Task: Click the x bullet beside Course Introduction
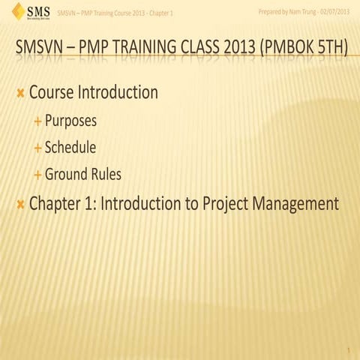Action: pos(20,94)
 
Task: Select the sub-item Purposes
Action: pos(70,121)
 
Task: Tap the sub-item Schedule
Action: pos(70,148)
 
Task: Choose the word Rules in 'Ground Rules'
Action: pos(104,175)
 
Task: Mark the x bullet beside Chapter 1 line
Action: pos(20,204)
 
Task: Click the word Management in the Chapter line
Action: pos(295,203)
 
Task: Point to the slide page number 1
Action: pos(349,351)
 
